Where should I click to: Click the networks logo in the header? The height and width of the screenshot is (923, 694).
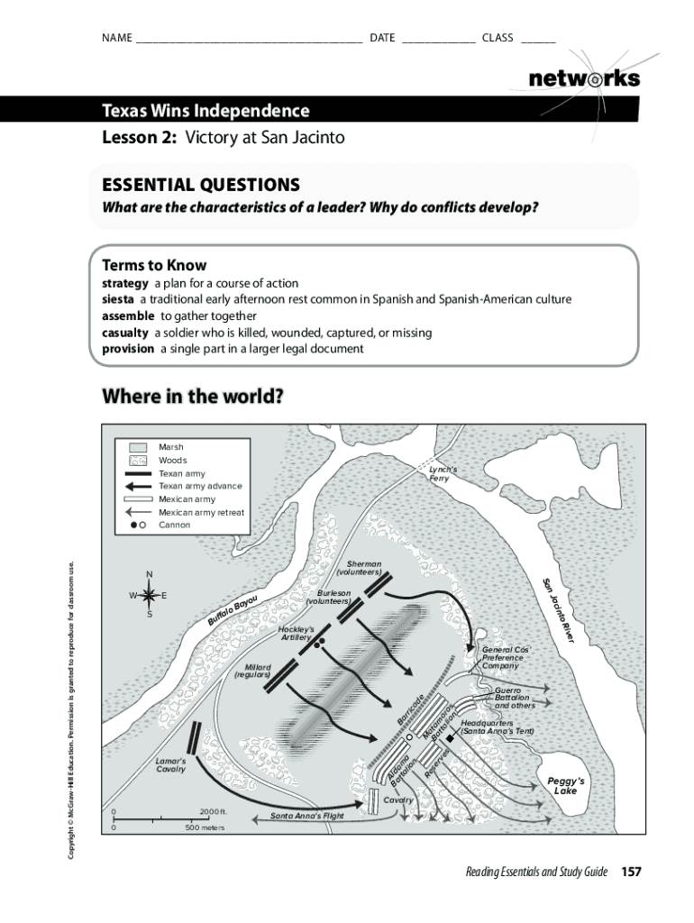tap(584, 78)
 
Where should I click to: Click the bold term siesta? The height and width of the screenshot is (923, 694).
tap(118, 299)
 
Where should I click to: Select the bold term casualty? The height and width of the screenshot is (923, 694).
tap(124, 333)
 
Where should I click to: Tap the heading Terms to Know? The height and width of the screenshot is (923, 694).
tap(154, 265)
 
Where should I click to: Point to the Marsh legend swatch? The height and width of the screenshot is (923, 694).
tap(138, 448)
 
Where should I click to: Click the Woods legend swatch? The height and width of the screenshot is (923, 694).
tap(138, 461)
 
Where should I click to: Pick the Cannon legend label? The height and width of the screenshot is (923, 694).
tap(175, 525)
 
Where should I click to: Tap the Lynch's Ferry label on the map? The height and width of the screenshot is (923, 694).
tap(443, 474)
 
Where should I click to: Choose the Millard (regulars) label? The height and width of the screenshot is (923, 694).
tap(252, 672)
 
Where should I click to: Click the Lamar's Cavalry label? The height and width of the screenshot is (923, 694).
tap(170, 764)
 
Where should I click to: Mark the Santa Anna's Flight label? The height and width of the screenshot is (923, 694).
tap(307, 817)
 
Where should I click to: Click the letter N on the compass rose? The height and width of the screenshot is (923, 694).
tap(150, 575)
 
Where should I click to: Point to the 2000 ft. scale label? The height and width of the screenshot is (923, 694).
tap(214, 811)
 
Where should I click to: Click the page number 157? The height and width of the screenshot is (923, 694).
tap(630, 872)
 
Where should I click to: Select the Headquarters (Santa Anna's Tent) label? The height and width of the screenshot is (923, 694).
tap(498, 727)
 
